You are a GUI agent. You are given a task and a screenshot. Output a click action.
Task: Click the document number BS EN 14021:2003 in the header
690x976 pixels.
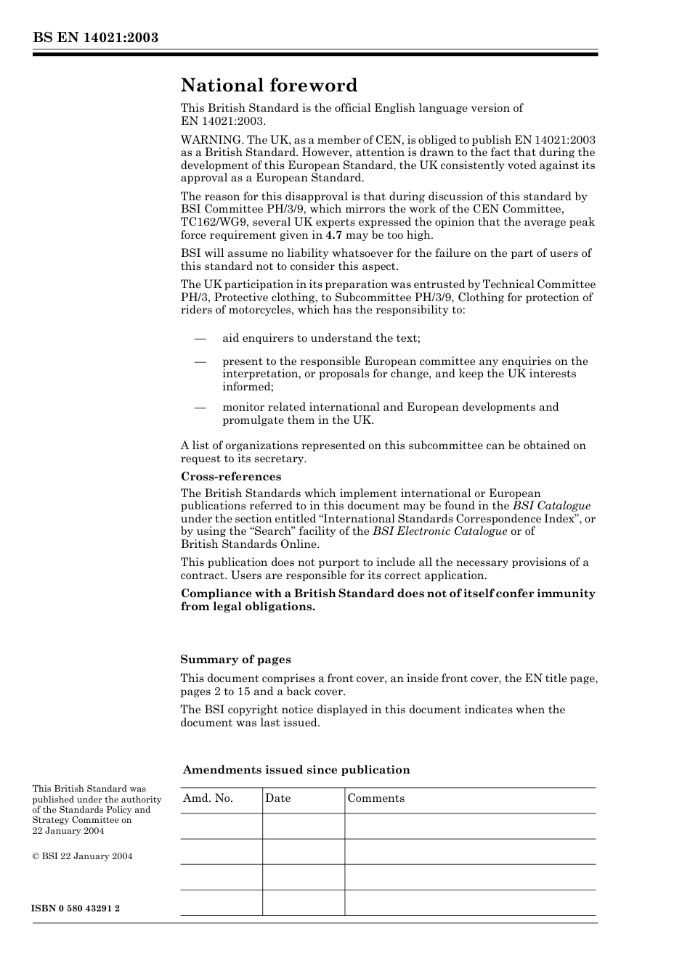(95, 38)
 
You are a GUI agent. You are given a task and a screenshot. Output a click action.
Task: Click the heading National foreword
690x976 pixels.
(269, 86)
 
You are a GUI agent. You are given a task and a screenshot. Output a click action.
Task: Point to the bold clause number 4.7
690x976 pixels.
(333, 235)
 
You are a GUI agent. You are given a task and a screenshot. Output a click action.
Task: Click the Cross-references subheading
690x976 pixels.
(230, 477)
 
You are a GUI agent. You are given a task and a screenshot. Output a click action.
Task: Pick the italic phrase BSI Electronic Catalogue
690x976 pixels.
(439, 531)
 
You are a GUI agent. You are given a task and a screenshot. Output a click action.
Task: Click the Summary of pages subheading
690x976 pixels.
(235, 660)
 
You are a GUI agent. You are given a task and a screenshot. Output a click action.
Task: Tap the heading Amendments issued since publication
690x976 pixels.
(296, 770)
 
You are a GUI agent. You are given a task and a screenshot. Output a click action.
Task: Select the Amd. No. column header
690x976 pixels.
(208, 798)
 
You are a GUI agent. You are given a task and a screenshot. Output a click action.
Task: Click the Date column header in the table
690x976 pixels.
(277, 798)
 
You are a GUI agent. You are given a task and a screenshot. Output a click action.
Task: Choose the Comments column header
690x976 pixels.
(376, 798)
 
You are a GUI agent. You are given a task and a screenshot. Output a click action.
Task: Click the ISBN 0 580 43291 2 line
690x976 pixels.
(76, 909)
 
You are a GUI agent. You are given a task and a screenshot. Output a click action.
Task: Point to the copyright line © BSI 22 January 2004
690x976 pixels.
(82, 856)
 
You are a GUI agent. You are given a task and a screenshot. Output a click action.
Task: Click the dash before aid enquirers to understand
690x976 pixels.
(200, 338)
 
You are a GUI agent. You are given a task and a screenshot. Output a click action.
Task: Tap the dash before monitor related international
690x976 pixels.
(200, 407)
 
